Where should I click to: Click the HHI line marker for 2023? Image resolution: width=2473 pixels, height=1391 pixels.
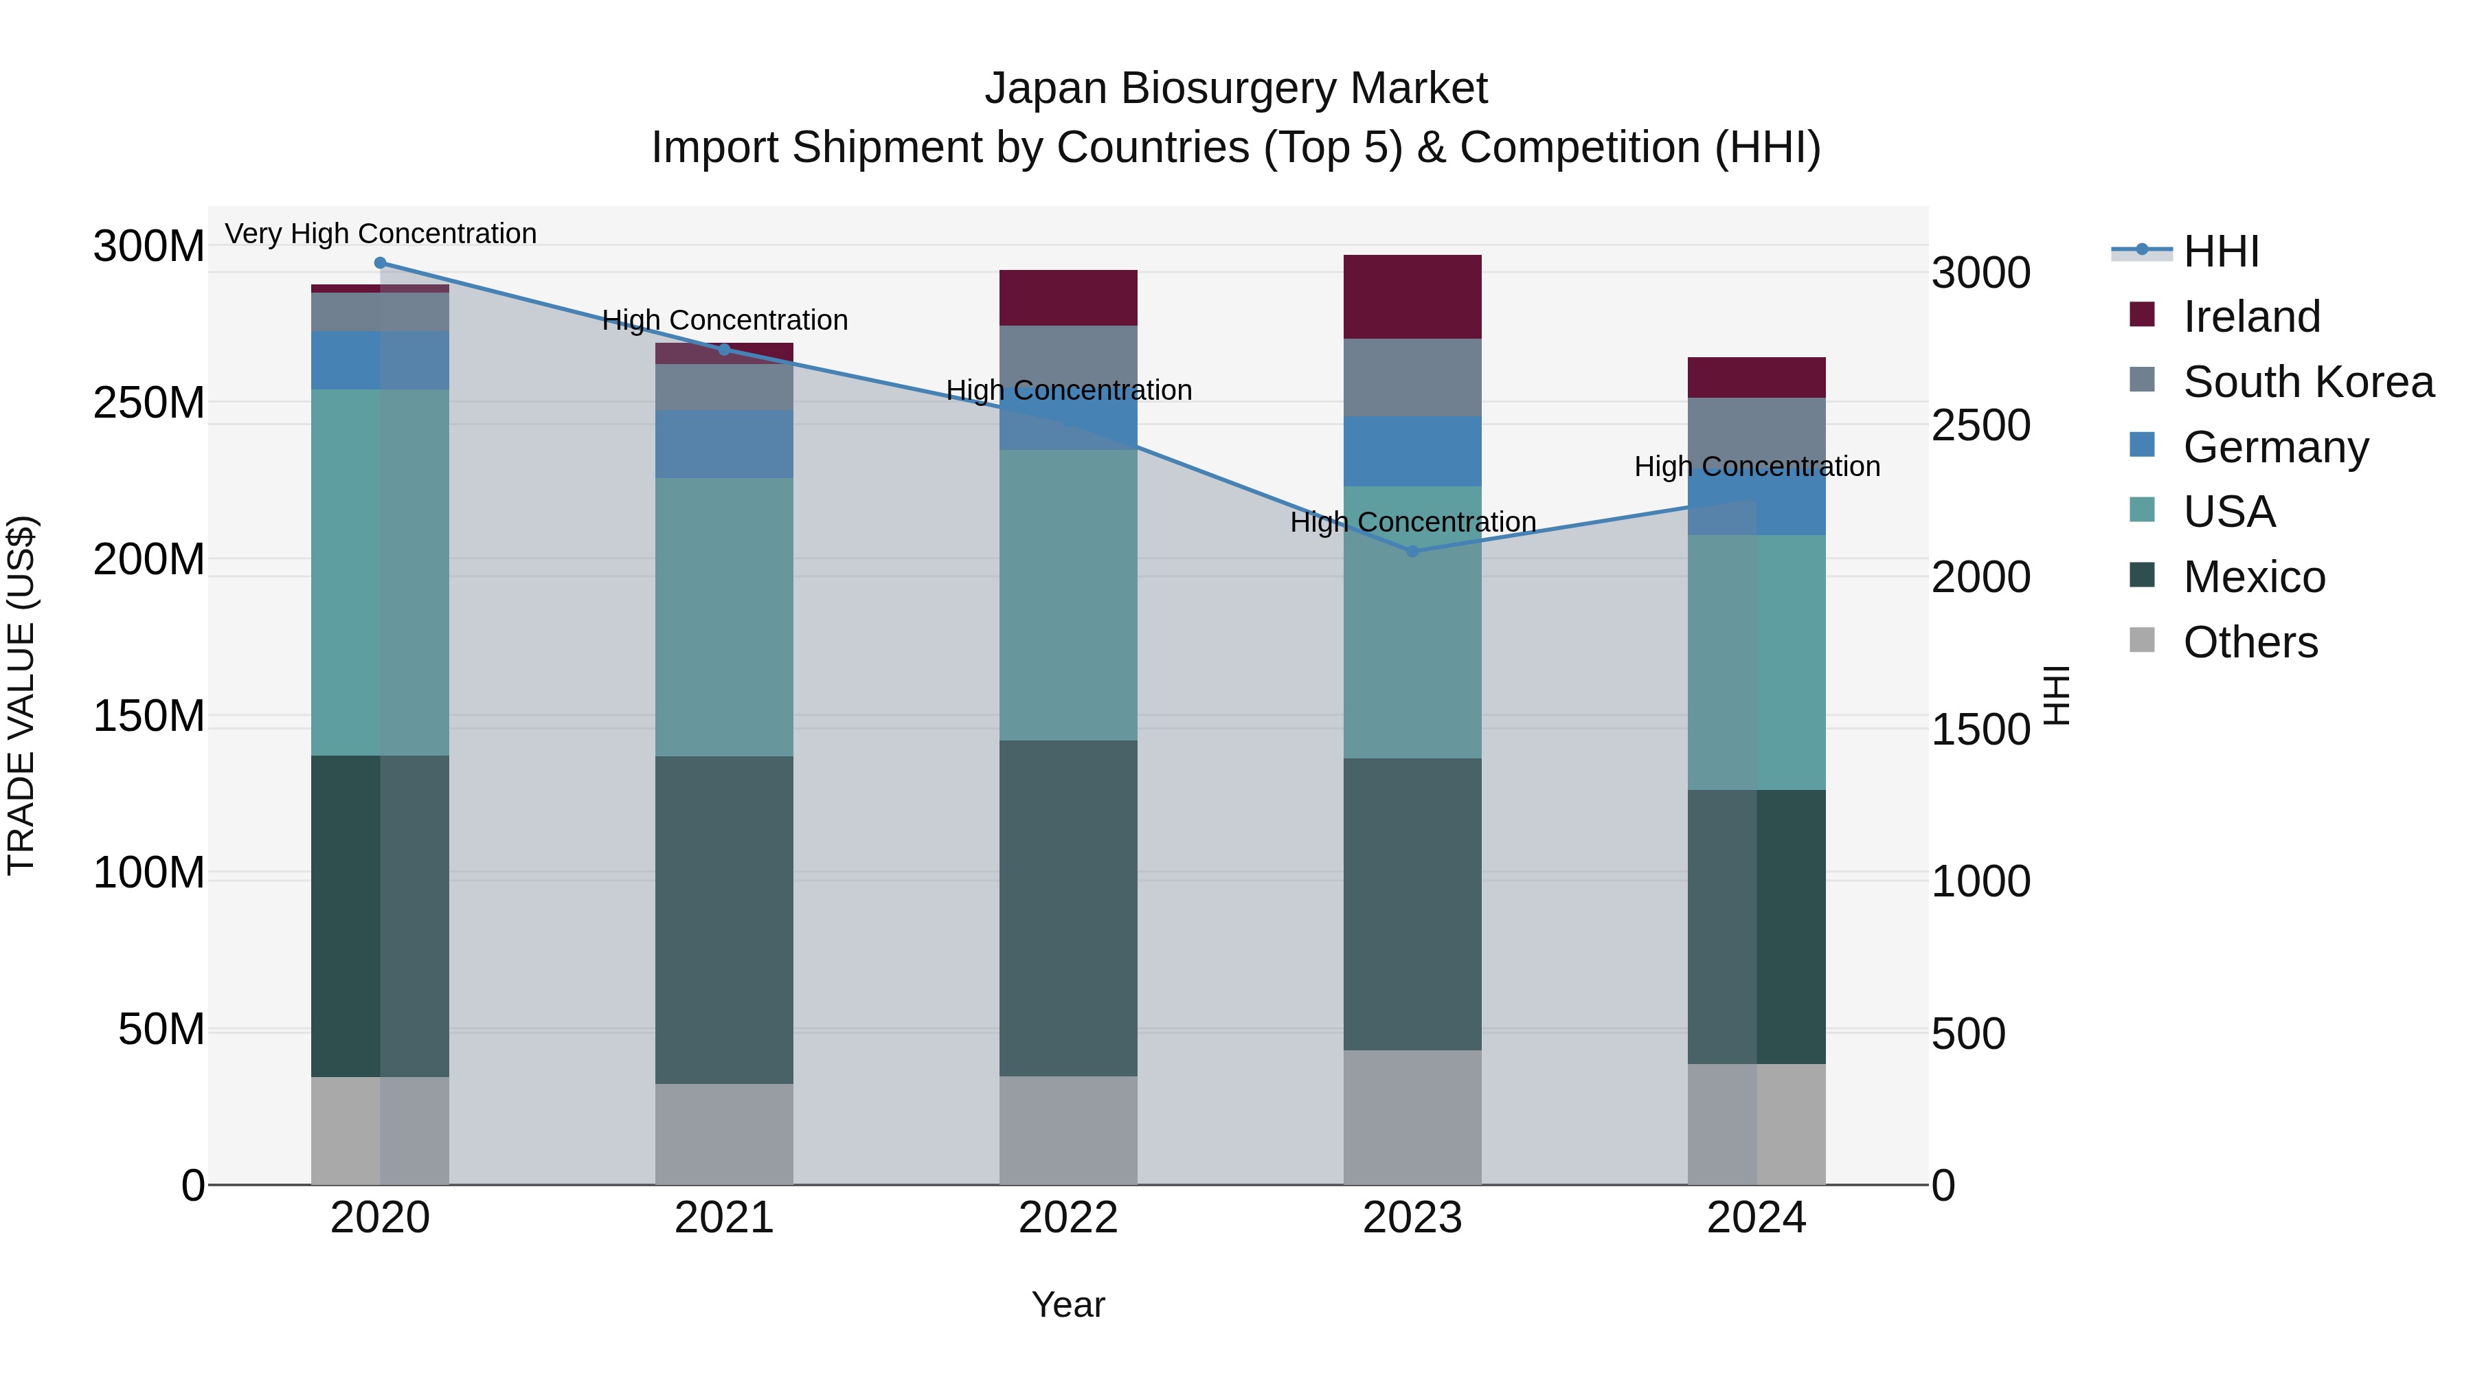coord(1412,551)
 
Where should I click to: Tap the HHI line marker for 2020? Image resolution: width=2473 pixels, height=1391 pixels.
coord(380,263)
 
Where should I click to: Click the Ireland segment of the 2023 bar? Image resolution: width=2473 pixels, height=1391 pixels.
coord(1412,297)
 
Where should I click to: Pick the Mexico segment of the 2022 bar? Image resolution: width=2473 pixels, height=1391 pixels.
coord(1068,907)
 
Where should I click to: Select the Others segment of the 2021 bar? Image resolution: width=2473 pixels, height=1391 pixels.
coord(725,1133)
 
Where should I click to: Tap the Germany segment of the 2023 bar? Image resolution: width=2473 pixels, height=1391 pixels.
coord(1412,451)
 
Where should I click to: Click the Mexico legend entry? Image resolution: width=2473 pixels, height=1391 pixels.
coord(2253,577)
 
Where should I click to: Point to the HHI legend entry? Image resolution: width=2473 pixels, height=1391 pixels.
coord(2220,251)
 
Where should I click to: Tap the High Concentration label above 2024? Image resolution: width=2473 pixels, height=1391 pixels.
coord(1757,466)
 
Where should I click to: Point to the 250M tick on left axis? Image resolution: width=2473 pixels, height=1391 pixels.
coord(149,403)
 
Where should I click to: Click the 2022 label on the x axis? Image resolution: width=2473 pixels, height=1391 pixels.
coord(1068,1218)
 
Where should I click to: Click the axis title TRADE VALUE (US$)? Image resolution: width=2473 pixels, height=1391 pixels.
coord(22,695)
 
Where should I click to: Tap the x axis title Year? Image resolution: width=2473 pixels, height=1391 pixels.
coord(1068,1304)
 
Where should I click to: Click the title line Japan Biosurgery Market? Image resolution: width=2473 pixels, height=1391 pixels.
coord(1236,89)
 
